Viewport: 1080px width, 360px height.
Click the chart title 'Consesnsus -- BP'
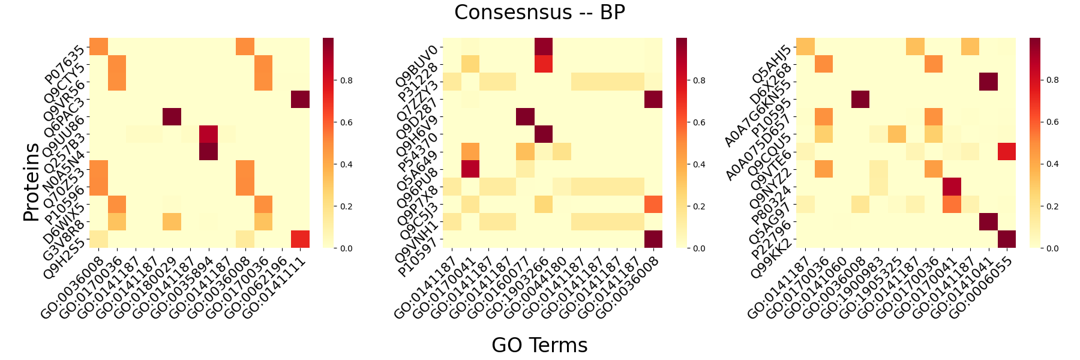point(539,13)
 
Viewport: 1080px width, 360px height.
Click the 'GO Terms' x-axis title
point(539,345)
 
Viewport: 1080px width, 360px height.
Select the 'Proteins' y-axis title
point(31,182)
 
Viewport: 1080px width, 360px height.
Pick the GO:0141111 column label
point(277,284)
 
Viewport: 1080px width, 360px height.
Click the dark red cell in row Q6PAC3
point(301,100)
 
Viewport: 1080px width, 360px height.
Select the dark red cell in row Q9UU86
point(172,117)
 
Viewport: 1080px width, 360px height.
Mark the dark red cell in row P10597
point(653,239)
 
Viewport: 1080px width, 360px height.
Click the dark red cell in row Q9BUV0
point(544,47)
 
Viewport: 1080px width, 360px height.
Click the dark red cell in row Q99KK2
point(1007,239)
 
